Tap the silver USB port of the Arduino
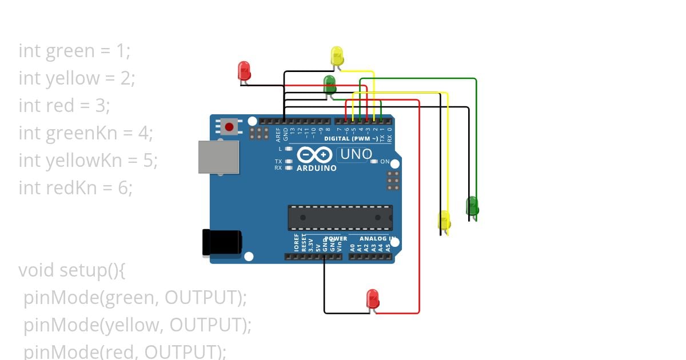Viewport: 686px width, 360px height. click(x=218, y=157)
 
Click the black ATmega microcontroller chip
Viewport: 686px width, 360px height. click(x=340, y=218)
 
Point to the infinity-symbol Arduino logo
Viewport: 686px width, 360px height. click(x=314, y=155)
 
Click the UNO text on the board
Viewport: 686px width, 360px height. click(x=356, y=154)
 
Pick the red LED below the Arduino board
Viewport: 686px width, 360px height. click(x=372, y=299)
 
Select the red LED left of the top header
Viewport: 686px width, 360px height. click(x=244, y=71)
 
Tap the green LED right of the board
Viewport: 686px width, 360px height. click(x=472, y=206)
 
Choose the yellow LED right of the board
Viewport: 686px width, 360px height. click(x=444, y=221)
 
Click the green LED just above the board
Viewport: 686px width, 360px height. click(x=330, y=85)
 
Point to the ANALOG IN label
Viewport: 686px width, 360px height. click(x=377, y=238)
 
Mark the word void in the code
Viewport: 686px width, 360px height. click(x=37, y=270)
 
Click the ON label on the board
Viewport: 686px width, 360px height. click(x=385, y=162)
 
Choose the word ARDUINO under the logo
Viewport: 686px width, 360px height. click(x=316, y=169)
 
